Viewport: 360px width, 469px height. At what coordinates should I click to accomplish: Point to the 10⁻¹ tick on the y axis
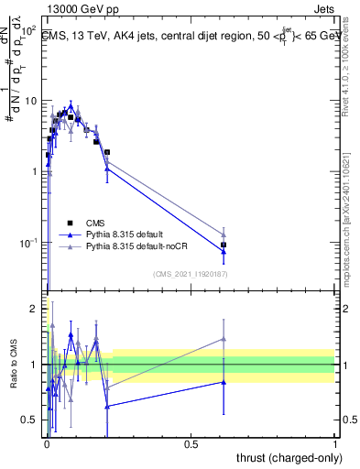click(29, 243)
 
